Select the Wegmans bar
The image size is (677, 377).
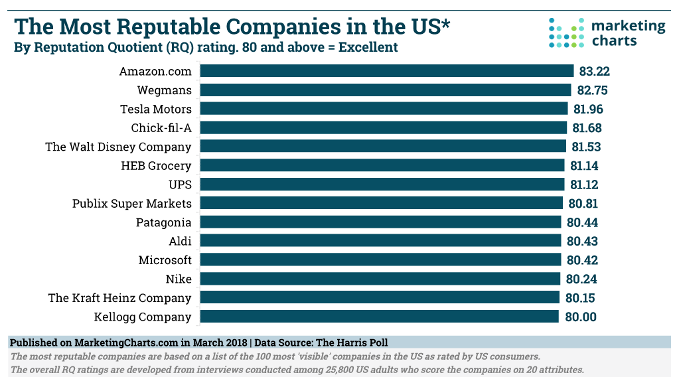[385, 90]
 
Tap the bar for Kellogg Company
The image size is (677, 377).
[379, 317]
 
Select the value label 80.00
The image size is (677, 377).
[581, 317]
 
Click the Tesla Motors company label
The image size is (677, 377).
[156, 109]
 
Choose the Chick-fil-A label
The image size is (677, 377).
[161, 127]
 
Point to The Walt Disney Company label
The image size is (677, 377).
[118, 147]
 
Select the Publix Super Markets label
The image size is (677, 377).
[132, 203]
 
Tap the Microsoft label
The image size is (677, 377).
[165, 260]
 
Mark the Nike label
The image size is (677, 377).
[179, 279]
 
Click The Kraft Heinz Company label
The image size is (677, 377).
[119, 297]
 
